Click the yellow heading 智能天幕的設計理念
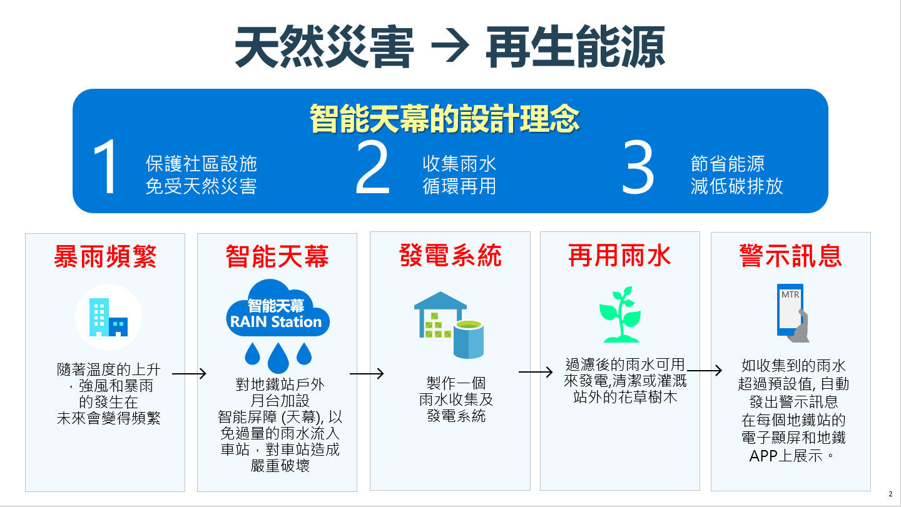445,118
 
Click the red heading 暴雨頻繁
105,256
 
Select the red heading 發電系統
450,255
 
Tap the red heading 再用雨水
619,255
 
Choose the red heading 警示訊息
791,255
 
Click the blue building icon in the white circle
108,317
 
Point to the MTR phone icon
792,313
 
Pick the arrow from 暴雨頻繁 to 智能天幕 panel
189,374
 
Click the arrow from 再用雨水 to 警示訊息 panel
705,371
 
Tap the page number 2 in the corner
890,494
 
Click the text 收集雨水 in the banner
459,164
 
